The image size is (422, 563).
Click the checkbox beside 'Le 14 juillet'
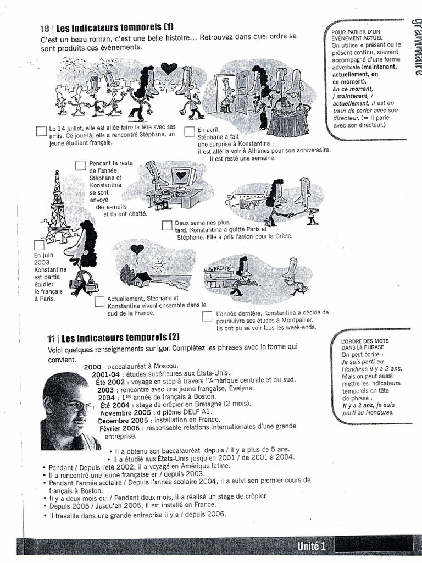point(41,131)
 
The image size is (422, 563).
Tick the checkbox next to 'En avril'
point(188,132)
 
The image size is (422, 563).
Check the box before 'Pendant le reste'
point(81,165)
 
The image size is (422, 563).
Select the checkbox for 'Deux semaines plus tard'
point(167,225)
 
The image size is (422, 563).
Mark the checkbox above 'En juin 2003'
point(39,245)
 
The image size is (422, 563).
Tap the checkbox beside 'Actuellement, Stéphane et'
point(99,301)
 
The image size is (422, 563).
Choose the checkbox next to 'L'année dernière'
point(207,316)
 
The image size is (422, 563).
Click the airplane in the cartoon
point(247,198)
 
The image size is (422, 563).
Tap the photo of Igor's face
point(67,410)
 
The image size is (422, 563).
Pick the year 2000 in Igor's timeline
point(92,366)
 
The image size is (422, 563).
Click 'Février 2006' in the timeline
point(119,428)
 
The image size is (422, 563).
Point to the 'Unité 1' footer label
point(312,545)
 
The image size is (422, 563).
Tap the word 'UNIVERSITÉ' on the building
point(218,268)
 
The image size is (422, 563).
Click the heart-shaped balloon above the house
point(137,249)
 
